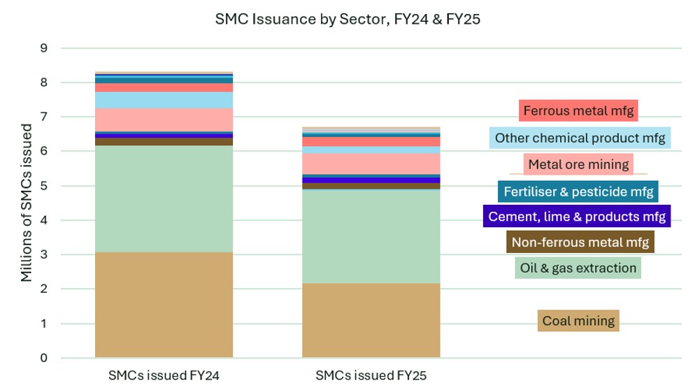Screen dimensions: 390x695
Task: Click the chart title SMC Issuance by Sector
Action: [x=347, y=20]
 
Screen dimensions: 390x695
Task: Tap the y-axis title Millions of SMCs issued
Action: [x=27, y=203]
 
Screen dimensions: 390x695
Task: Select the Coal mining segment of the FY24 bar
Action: [x=164, y=305]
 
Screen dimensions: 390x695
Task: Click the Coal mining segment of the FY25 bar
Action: [x=371, y=320]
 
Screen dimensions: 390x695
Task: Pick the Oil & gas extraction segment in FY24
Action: [x=164, y=198]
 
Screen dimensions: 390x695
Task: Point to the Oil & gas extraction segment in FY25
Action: [x=371, y=236]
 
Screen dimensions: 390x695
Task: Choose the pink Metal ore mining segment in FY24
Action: [x=164, y=119]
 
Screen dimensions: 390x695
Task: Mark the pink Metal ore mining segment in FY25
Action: [x=371, y=164]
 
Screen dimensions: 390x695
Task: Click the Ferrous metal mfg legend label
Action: [x=580, y=110]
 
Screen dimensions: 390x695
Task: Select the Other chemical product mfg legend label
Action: [x=580, y=138]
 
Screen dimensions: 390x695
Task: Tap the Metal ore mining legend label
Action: [x=579, y=165]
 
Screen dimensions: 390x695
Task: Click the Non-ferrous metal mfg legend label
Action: [x=580, y=243]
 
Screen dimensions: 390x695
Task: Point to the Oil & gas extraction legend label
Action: [x=578, y=268]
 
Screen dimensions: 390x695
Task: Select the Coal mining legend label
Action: [x=578, y=321]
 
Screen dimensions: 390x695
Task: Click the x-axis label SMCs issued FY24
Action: [x=164, y=375]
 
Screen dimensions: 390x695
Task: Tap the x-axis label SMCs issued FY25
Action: [x=371, y=375]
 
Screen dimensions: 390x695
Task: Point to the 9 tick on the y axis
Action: [x=43, y=48]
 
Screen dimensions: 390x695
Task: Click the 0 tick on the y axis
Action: [x=43, y=358]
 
